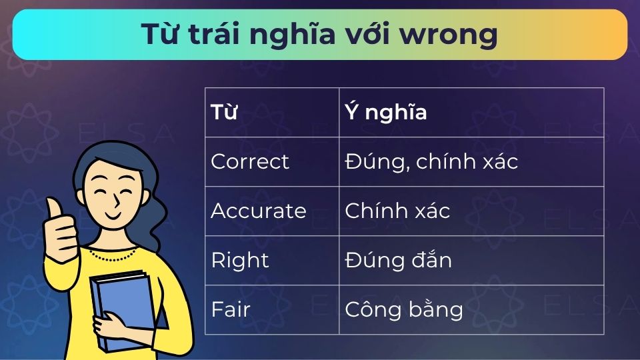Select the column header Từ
[224, 112]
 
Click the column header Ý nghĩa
[386, 112]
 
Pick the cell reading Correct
[250, 161]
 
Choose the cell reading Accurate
[259, 211]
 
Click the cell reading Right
[240, 260]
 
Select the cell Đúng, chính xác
[431, 161]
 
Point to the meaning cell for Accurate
[397, 211]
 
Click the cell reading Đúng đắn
[398, 260]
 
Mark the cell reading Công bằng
[403, 309]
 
